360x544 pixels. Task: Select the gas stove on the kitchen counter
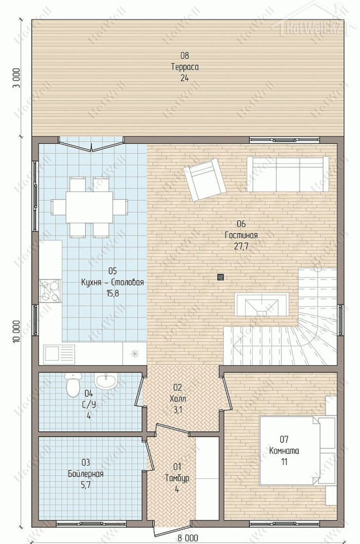50,291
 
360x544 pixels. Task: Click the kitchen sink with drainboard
59,354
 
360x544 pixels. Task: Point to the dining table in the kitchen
89,207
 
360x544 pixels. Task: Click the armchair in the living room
205,179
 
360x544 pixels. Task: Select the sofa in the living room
288,174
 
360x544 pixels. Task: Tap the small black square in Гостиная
221,277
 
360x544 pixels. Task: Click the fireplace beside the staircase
261,304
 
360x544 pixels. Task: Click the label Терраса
185,67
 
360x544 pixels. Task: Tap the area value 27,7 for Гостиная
241,247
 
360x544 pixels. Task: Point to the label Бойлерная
86,474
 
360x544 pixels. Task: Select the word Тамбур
177,478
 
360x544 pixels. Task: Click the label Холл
177,399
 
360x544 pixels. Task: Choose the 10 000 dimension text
16,331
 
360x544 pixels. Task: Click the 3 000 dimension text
16,78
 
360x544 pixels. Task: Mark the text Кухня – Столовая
112,282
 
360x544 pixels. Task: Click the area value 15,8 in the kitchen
113,293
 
